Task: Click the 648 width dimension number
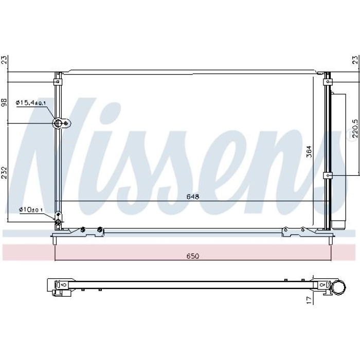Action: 193,197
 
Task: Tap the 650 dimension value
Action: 193,256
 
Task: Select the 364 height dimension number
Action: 310,151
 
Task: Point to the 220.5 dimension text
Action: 355,128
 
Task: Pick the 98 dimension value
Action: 4,102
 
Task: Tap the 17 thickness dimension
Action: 310,300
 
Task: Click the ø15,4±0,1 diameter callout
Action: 31,103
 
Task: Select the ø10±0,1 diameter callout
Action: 31,209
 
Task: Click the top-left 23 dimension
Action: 4,60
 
